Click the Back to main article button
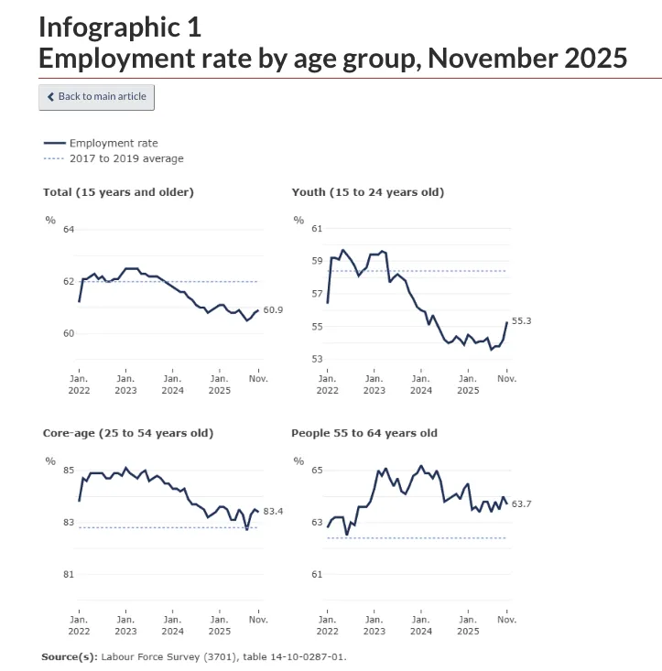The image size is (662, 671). [96, 97]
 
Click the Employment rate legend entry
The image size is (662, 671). [113, 144]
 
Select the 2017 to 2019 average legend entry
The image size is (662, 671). [125, 158]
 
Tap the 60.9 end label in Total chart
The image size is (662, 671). [273, 310]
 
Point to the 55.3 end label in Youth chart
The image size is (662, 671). [521, 320]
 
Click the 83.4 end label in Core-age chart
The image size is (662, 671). [273, 511]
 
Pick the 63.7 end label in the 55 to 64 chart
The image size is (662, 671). [522, 503]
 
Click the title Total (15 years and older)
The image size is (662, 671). [118, 192]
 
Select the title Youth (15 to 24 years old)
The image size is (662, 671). [367, 192]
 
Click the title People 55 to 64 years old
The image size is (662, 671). [364, 433]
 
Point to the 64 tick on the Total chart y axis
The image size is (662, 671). [69, 229]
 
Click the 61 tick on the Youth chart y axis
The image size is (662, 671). [317, 229]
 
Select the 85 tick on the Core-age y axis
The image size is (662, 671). [69, 471]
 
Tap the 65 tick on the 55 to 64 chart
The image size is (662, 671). [317, 471]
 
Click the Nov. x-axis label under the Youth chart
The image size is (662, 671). [506, 378]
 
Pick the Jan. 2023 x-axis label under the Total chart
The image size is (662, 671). [125, 384]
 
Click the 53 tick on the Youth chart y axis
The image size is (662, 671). [317, 360]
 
